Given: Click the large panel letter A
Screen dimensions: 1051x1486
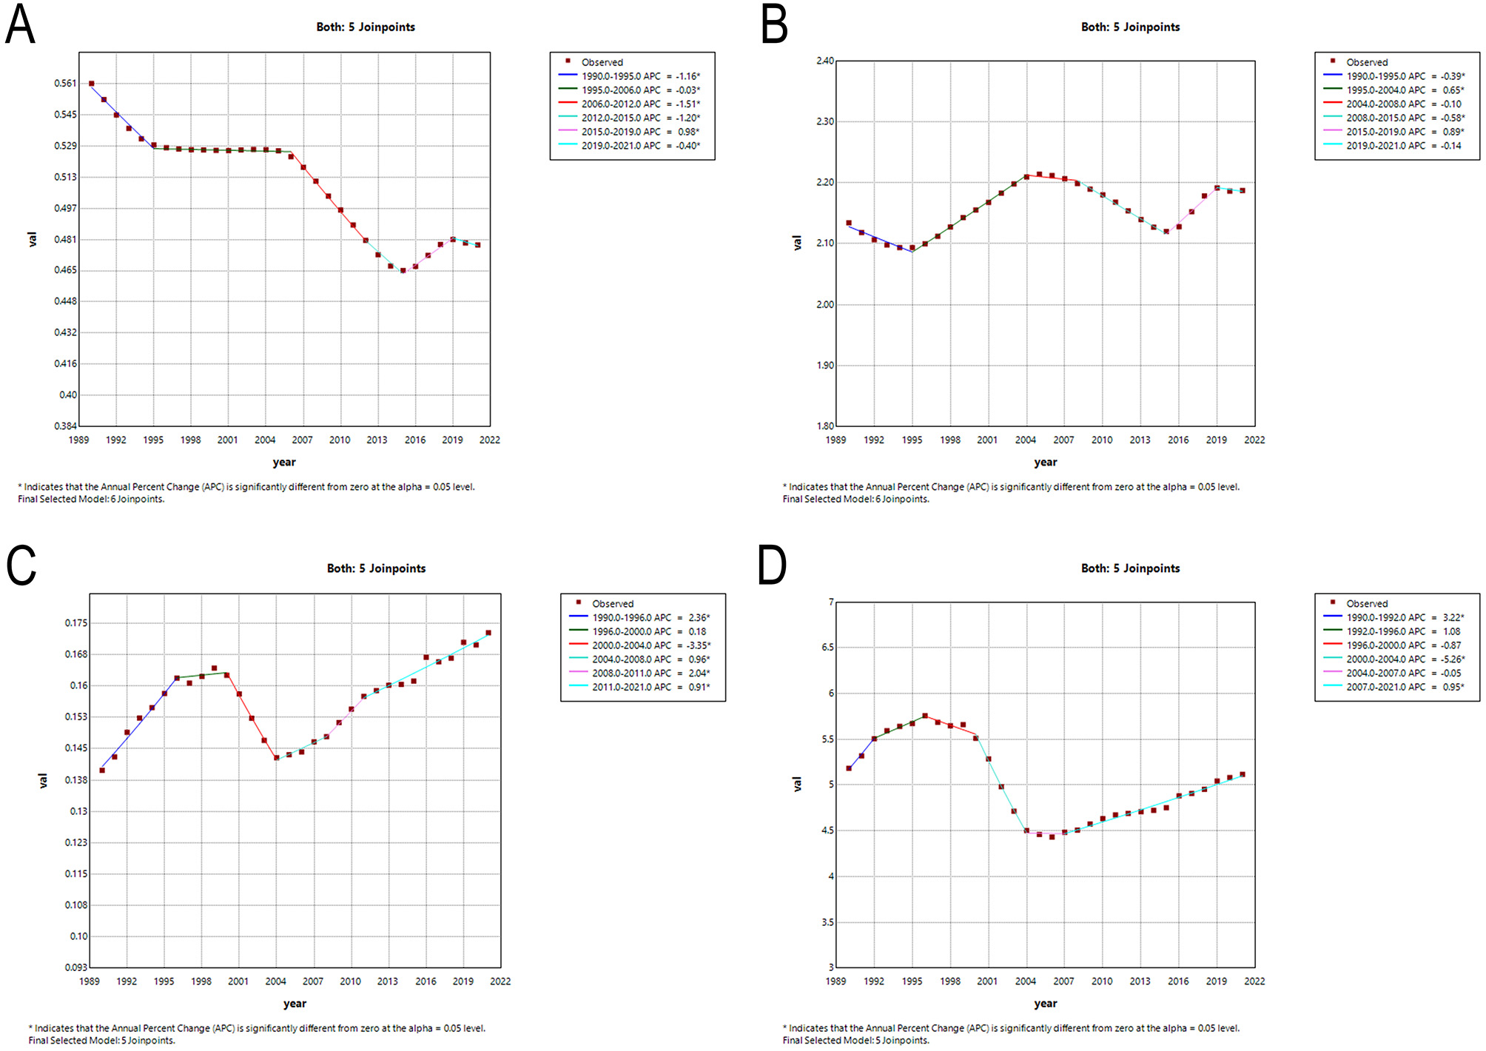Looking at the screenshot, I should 20,25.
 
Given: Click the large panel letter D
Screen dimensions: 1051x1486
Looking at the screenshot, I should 772,565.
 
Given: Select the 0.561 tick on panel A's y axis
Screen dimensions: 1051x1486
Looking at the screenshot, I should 65,84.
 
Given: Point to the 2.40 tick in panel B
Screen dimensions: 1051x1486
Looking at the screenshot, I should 824,61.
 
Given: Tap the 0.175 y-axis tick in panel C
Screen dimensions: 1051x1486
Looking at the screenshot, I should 75,623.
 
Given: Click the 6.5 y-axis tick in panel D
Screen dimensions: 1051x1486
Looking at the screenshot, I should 827,648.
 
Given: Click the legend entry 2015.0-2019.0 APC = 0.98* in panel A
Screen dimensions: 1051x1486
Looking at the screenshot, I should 640,132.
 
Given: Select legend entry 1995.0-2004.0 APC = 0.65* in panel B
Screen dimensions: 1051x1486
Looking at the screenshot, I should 1405,90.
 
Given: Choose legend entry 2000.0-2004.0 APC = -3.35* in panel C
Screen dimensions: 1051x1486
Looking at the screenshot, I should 650,645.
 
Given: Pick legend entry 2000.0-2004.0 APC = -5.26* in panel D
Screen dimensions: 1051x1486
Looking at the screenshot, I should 1405,659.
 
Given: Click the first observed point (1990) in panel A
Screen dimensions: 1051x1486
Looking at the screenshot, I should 91,84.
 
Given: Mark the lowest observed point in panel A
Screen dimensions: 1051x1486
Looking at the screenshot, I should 403,271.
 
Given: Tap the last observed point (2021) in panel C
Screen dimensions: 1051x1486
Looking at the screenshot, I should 488,633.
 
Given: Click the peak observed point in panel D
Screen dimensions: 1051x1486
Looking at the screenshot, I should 925,716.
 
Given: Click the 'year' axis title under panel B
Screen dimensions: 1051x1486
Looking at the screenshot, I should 1045,462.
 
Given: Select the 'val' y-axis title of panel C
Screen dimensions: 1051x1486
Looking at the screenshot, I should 43,780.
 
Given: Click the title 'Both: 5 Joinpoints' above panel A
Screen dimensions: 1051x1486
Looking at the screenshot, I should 366,27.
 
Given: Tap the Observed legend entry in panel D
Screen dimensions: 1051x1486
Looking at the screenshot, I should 1366,604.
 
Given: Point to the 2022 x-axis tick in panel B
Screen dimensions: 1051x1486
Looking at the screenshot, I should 1254,440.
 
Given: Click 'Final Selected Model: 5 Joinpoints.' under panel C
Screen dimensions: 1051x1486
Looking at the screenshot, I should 102,1040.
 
